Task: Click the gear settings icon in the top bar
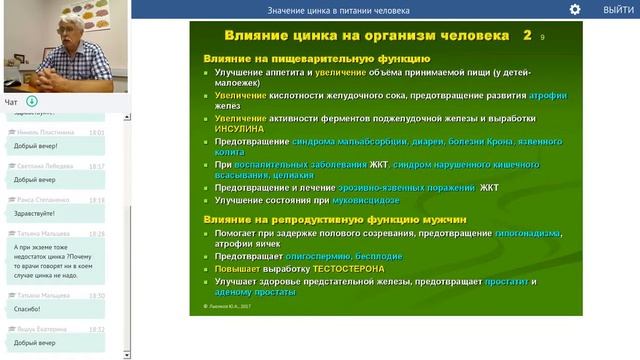click(575, 9)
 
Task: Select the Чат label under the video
click(11, 102)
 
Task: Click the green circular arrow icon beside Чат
click(32, 101)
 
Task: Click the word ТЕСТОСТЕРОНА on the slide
click(345, 269)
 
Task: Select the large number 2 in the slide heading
click(527, 35)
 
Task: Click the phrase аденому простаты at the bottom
click(262, 295)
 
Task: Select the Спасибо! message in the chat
click(27, 309)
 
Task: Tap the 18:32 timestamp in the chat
click(96, 328)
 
